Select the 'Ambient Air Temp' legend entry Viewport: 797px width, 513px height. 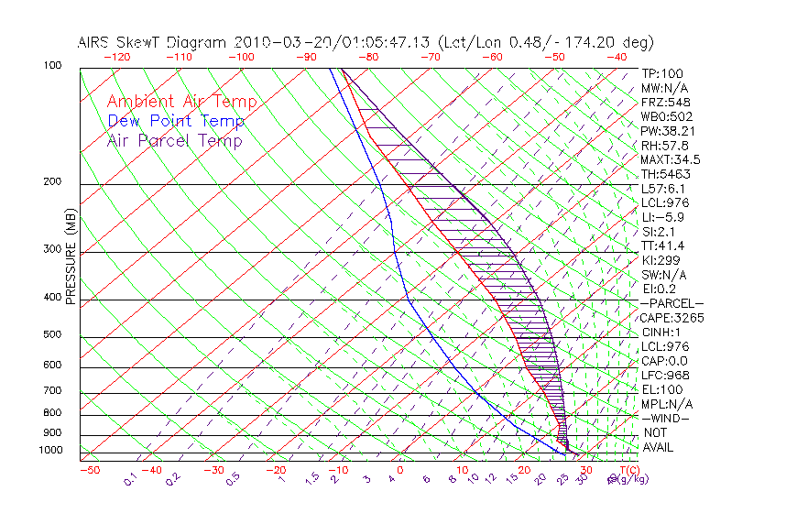[181, 102]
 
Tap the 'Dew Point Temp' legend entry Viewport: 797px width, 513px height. [176, 121]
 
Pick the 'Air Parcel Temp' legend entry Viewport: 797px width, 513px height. [174, 140]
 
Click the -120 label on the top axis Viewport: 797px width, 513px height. [116, 57]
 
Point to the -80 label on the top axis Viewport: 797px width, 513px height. [368, 57]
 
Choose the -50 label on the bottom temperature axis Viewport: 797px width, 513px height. [89, 470]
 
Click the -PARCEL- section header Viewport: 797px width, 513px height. [671, 303]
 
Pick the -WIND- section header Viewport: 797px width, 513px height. [666, 418]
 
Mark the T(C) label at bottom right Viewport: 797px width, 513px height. [628, 470]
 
